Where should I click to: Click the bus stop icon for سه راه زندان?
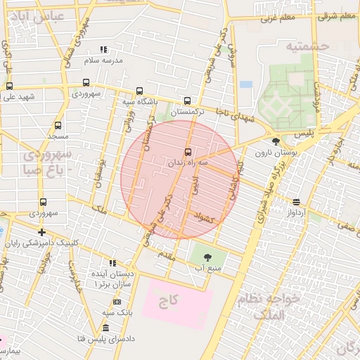click(x=187, y=151)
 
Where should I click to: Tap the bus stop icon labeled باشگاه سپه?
click(x=139, y=91)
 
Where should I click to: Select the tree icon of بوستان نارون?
click(x=275, y=141)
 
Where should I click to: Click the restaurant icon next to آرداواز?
click(x=296, y=201)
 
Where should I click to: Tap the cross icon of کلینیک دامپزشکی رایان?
click(x=42, y=232)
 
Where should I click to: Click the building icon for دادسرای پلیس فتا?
click(x=105, y=328)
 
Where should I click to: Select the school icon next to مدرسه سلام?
click(x=103, y=50)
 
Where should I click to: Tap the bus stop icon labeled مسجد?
click(x=58, y=124)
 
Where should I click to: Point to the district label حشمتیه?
click(x=307, y=46)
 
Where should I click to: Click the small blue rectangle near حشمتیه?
click(x=245, y=84)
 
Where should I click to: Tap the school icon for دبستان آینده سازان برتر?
click(x=112, y=263)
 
